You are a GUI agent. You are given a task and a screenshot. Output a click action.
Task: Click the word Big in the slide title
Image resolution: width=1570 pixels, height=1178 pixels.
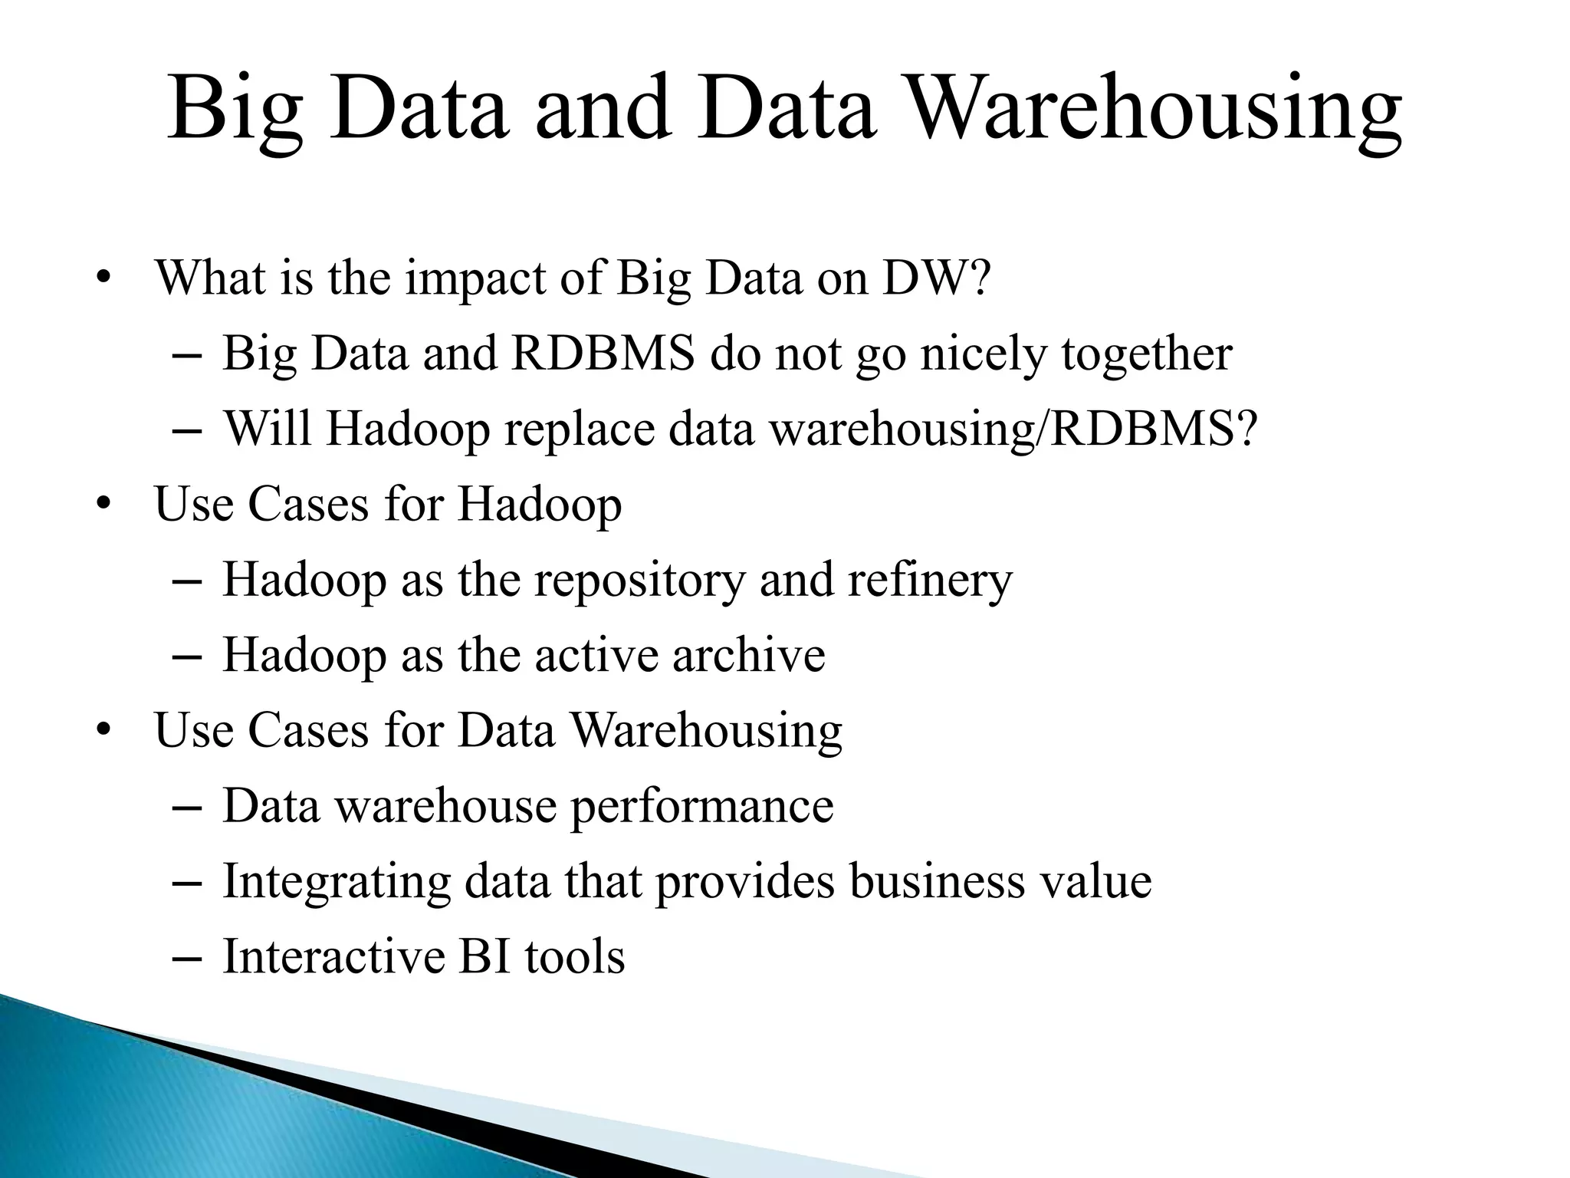point(235,110)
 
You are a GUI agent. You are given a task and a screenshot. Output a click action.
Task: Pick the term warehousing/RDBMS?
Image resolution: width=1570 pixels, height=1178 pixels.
point(1013,429)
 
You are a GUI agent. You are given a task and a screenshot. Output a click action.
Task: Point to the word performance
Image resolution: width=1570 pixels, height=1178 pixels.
point(701,807)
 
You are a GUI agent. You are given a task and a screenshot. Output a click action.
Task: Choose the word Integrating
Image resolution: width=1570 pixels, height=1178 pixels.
point(336,882)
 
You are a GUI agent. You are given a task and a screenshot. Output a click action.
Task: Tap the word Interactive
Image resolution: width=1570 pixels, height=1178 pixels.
point(333,956)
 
